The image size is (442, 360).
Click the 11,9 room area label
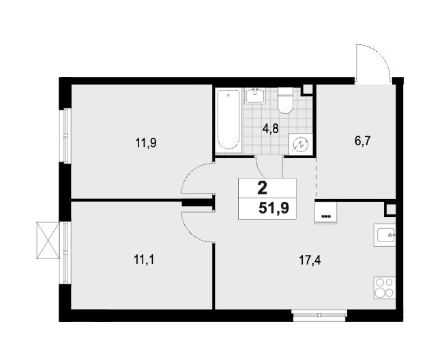[146, 143]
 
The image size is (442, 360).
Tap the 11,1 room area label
[145, 260]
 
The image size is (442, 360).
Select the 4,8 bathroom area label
[270, 129]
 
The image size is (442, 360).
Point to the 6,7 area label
[362, 140]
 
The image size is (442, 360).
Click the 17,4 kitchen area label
[310, 260]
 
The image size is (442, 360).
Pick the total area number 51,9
[274, 209]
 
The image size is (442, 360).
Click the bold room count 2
[262, 188]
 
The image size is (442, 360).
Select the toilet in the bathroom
[285, 100]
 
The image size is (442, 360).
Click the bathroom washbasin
[255, 95]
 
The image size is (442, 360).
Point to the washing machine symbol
[301, 144]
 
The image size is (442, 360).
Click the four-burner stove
[385, 288]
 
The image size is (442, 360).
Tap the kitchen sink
[385, 235]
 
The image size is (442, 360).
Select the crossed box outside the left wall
[48, 240]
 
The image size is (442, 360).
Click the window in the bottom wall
[320, 316]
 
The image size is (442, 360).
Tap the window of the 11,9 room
[65, 136]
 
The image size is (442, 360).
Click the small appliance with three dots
[326, 213]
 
